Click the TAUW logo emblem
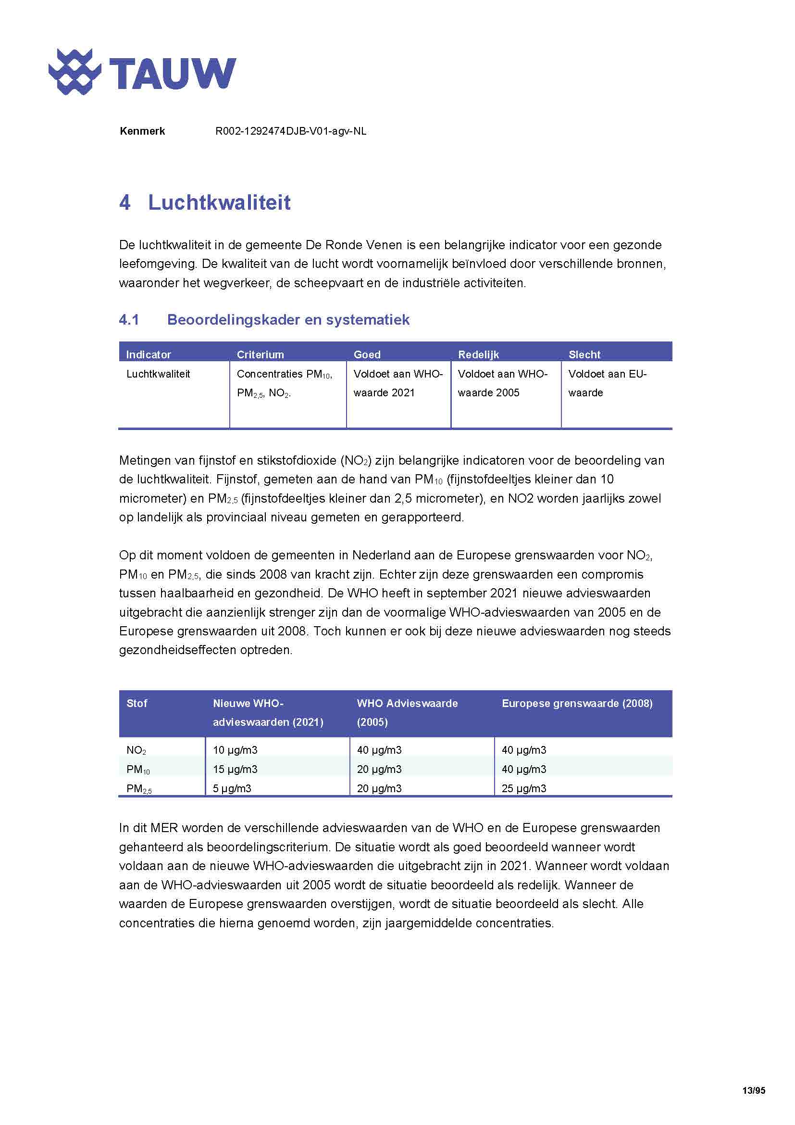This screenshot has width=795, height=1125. click(x=75, y=72)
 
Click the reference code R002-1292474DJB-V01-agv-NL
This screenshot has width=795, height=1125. click(x=291, y=131)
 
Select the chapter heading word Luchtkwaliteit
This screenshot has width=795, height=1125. click(x=219, y=202)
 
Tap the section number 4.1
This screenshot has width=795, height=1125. click(x=129, y=320)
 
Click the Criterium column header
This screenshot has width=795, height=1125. click(x=260, y=354)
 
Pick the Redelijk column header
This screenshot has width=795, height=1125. click(x=478, y=354)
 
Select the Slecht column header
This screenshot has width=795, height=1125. click(x=584, y=354)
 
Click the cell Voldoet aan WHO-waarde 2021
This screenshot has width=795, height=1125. click(x=397, y=383)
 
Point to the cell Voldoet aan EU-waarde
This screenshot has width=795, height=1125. click(x=607, y=383)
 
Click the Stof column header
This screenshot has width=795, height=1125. click(x=137, y=704)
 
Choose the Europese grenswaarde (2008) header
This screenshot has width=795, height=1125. click(x=577, y=704)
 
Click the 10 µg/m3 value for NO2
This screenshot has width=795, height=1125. click(x=235, y=750)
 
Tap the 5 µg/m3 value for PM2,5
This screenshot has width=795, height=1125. click(x=232, y=788)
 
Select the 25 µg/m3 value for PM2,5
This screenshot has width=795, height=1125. click(x=524, y=788)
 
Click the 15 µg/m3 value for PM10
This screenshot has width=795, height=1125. click(x=235, y=769)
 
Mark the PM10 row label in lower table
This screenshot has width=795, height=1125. click(x=138, y=770)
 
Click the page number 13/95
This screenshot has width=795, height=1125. click(x=753, y=1091)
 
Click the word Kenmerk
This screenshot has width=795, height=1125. click(x=142, y=131)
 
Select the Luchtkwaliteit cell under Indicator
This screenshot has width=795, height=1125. click(x=158, y=374)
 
